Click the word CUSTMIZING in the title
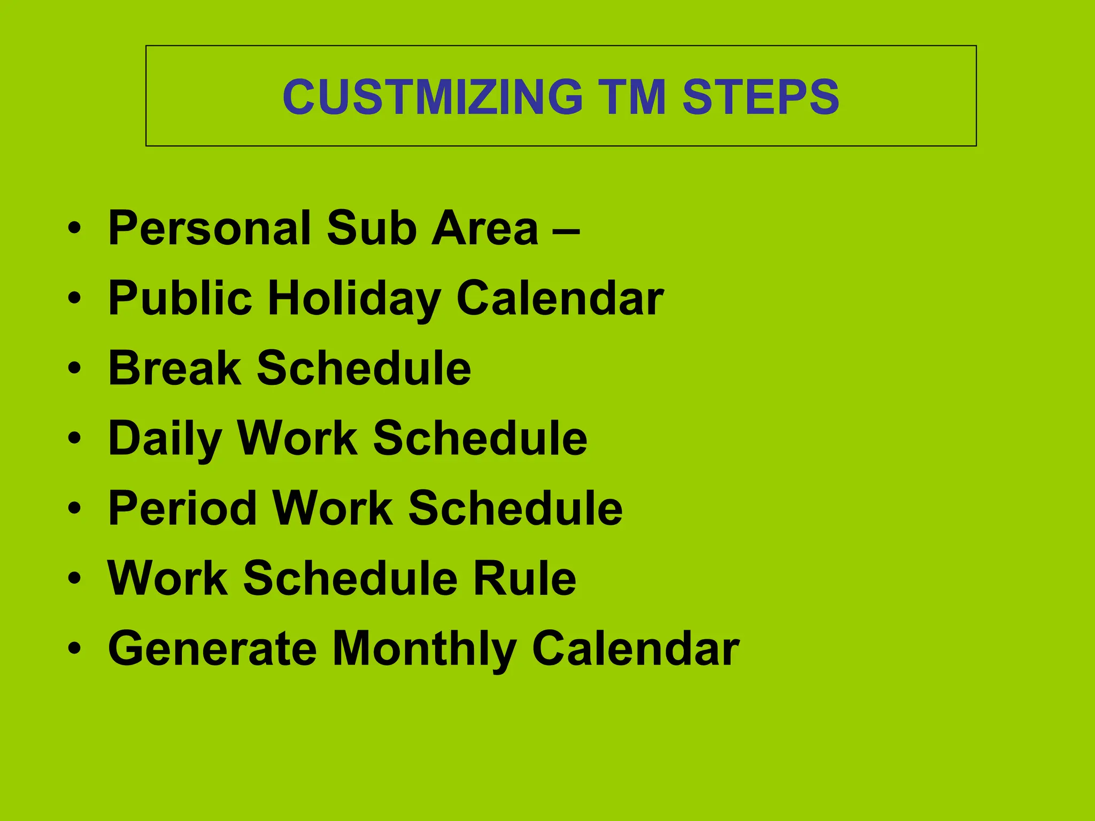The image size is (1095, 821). coord(433,97)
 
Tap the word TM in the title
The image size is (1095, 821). coord(633,97)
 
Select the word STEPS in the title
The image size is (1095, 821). coord(761,97)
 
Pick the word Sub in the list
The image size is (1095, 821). coord(372,228)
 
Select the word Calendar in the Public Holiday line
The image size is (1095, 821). coord(560,298)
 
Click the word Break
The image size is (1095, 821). coord(175,368)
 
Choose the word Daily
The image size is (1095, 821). coord(165,439)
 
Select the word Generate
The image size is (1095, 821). coord(213,648)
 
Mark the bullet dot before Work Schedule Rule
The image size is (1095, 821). coord(75,578)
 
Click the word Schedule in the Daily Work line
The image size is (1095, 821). coord(480,438)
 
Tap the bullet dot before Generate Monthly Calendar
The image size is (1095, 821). coord(75,648)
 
